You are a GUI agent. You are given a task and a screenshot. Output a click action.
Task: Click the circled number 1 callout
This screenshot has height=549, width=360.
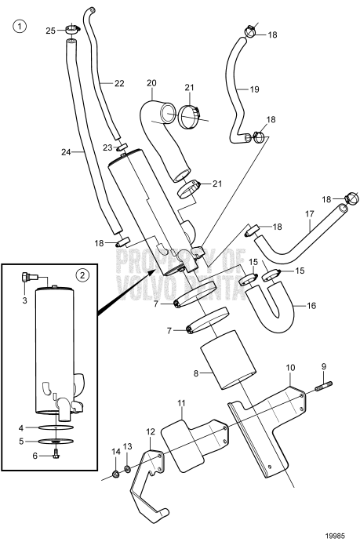click(x=20, y=26)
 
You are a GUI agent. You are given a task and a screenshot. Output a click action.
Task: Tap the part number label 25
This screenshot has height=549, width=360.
click(x=51, y=31)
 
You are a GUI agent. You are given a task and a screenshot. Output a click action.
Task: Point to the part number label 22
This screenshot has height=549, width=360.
click(x=119, y=83)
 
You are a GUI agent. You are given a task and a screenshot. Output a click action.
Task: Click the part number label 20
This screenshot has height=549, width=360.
click(x=151, y=83)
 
